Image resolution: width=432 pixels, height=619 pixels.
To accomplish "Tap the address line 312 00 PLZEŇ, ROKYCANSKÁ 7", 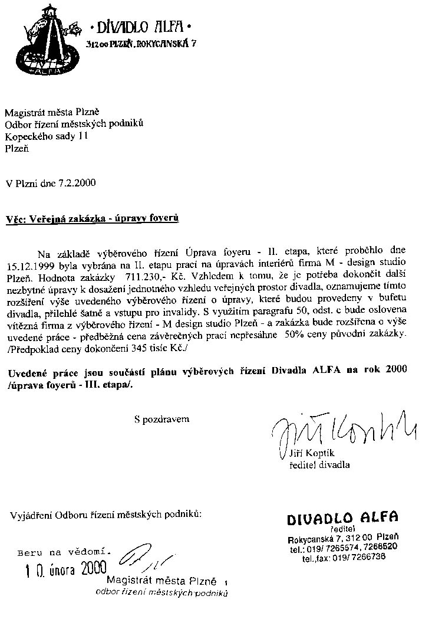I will click(140, 44).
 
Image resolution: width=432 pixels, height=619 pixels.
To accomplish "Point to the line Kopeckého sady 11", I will click(47, 136).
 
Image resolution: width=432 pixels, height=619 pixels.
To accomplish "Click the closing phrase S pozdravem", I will click(161, 419).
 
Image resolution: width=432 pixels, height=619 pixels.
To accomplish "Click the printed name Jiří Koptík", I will click(312, 453).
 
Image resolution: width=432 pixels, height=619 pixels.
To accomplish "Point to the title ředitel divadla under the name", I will click(319, 464).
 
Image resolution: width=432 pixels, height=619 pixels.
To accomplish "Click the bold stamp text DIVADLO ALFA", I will click(342, 518).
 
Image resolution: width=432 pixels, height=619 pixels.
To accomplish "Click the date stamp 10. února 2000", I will click(65, 569).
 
